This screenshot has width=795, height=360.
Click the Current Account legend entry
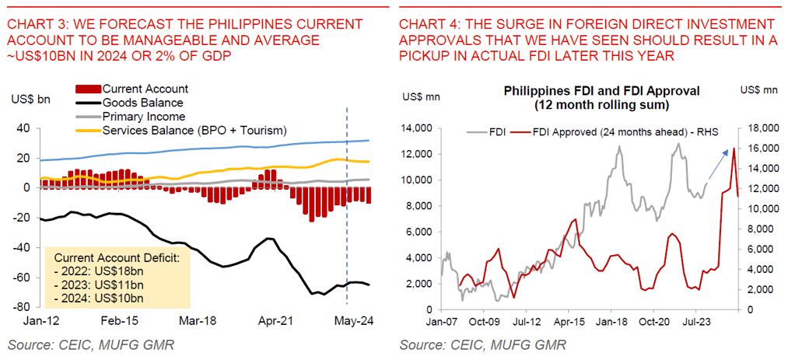pyautogui.click(x=145, y=89)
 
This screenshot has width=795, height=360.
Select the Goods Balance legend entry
pyautogui.click(x=142, y=103)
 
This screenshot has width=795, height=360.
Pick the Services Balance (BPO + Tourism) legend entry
pyautogui.click(x=194, y=129)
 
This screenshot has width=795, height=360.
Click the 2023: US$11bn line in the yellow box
pyautogui.click(x=99, y=285)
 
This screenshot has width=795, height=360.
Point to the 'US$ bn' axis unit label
pyautogui.click(x=31, y=100)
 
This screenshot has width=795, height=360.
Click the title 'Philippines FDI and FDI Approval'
pyautogui.click(x=602, y=91)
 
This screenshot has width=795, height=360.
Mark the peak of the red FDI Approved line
pyautogui.click(x=734, y=148)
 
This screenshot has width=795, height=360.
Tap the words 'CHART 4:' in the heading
pyautogui.click(x=424, y=25)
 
